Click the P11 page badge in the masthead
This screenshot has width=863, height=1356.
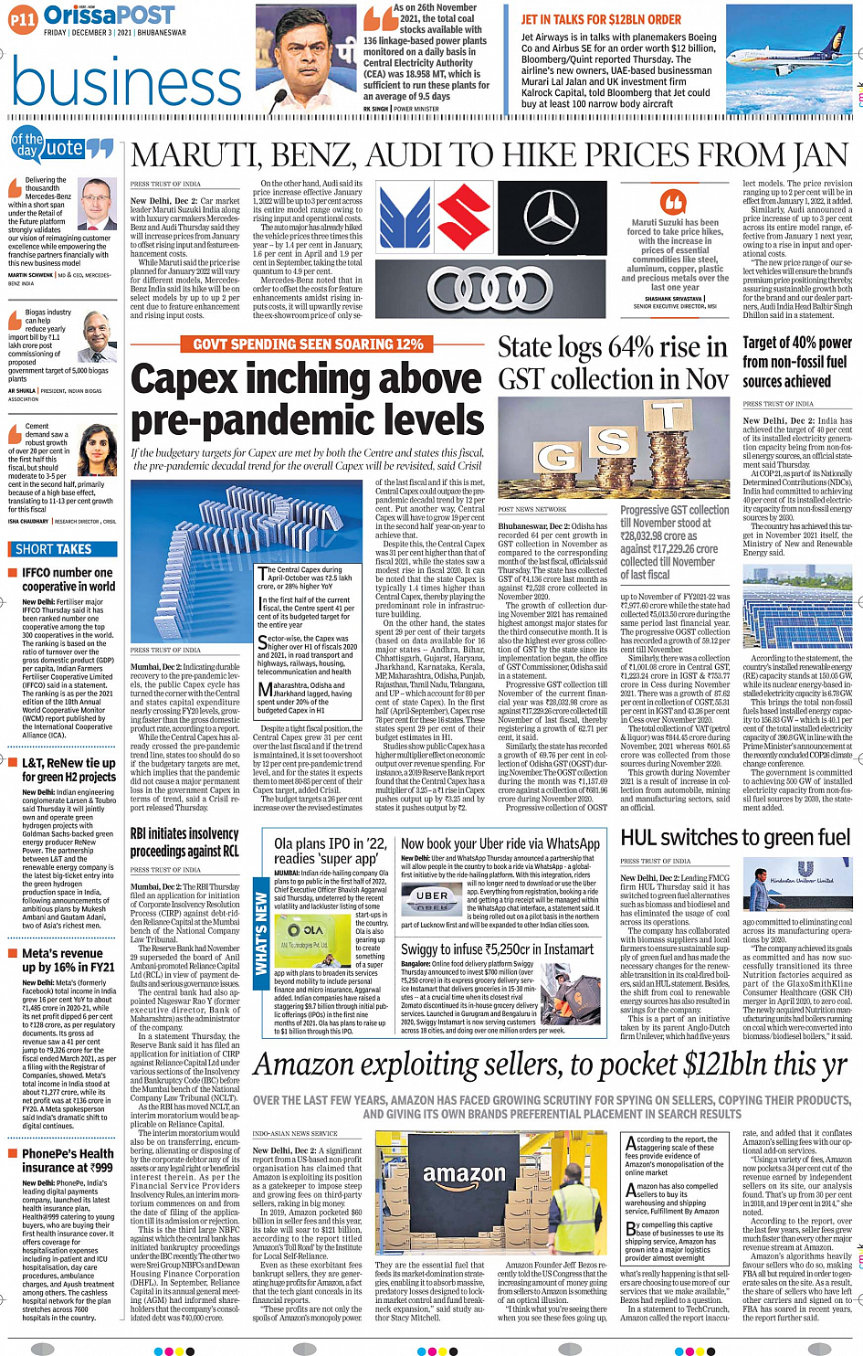pos(23,19)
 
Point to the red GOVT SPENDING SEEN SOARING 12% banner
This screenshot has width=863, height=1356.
pos(308,344)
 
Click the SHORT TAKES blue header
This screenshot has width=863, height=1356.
pos(54,549)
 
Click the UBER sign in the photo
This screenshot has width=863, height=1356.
pos(432,896)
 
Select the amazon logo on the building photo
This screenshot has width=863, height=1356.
pos(464,1174)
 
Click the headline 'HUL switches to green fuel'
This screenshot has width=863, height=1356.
pos(735,837)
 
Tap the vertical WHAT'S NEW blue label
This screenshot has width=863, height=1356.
pos(261,933)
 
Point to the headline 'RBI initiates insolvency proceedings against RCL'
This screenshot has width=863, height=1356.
pos(184,842)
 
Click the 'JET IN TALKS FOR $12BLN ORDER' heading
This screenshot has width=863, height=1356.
pos(601,19)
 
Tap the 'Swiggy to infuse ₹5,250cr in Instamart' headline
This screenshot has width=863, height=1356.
pos(498,949)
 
